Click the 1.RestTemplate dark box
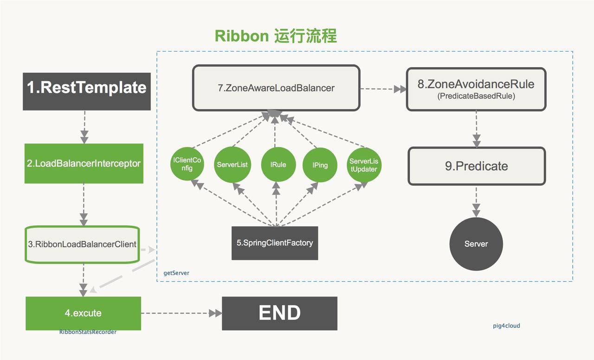pos(87,91)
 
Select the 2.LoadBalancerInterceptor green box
pos(84,163)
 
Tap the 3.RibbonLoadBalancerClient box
pos(82,244)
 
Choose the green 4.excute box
pos(83,313)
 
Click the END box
pos(279,313)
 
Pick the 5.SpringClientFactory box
pos(275,243)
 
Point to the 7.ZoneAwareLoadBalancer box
pos(276,88)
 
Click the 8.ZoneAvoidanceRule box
pos(476,89)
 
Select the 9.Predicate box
pos(476,166)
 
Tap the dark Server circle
pos(476,244)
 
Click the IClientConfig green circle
pos(187,164)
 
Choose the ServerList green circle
pos(232,164)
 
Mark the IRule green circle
pos(278,164)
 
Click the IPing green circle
pos(320,165)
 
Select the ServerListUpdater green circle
pos(364,165)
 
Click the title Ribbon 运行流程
pos(276,36)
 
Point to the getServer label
pos(176,273)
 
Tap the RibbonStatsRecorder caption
pos(88,332)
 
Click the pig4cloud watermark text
pos(506,326)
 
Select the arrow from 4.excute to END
pos(181,313)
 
